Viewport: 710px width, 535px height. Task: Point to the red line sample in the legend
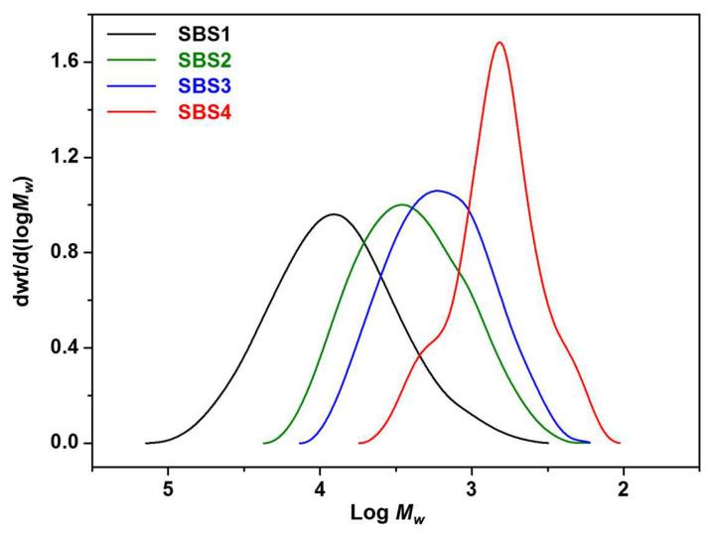click(129, 111)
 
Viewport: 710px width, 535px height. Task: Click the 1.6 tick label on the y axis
click(66, 62)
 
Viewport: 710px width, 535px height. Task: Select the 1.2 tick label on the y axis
click(66, 157)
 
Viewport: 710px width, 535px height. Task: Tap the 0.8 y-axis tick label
click(66, 252)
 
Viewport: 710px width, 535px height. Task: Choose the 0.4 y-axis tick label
click(66, 347)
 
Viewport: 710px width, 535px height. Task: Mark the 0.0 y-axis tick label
click(66, 443)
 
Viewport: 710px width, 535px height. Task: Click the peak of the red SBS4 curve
click(498, 42)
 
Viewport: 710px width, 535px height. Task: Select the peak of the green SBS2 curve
click(401, 204)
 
